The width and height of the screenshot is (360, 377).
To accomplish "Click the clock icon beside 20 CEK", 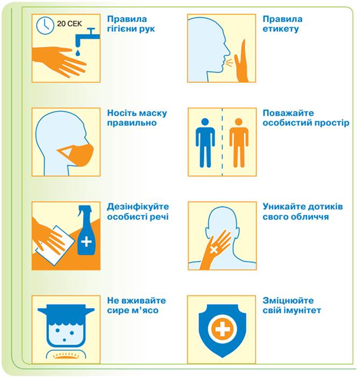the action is pyautogui.click(x=45, y=25).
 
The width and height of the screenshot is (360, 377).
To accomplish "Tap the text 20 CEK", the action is pyautogui.click(x=69, y=24).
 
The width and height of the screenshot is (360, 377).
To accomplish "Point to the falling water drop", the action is pyautogui.click(x=77, y=53).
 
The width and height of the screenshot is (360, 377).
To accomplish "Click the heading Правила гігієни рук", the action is pyautogui.click(x=131, y=24).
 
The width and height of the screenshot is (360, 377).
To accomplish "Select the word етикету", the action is pyautogui.click(x=280, y=29).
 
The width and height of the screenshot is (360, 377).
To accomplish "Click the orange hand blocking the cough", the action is pyautogui.click(x=242, y=61).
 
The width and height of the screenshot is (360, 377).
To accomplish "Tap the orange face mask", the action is pyautogui.click(x=77, y=154).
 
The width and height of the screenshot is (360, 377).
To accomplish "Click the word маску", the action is pyautogui.click(x=153, y=113).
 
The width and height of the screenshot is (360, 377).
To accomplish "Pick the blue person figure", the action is pyautogui.click(x=205, y=143).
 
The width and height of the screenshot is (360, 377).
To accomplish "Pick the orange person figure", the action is pyautogui.click(x=239, y=143).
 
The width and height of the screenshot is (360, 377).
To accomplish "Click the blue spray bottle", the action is pyautogui.click(x=86, y=231).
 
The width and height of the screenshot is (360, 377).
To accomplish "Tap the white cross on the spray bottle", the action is pyautogui.click(x=87, y=241).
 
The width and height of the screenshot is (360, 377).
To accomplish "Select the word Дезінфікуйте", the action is pyautogui.click(x=138, y=207).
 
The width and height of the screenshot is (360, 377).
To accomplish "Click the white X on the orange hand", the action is pyautogui.click(x=214, y=250).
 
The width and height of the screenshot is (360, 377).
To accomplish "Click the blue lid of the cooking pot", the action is pyautogui.click(x=66, y=310).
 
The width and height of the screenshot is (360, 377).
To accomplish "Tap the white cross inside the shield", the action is pyautogui.click(x=222, y=329).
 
